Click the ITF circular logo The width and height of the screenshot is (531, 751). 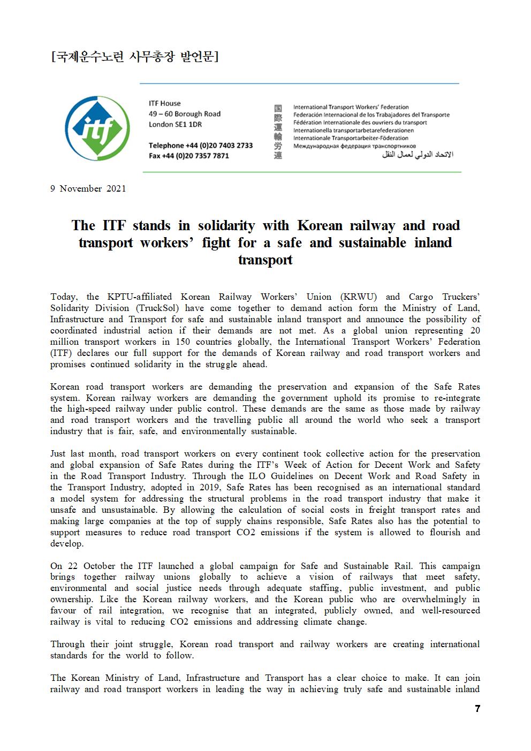(x=97, y=128)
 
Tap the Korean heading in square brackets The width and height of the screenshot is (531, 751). (x=134, y=56)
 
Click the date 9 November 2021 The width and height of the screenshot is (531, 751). (x=88, y=188)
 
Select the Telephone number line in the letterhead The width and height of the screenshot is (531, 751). (x=201, y=146)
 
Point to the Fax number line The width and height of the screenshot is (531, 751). (x=189, y=156)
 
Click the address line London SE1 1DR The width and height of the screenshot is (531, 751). (x=176, y=124)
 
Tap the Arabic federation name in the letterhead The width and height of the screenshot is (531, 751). (x=418, y=155)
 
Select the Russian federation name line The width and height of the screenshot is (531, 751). (x=354, y=146)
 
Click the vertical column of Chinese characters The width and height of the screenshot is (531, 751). (x=278, y=132)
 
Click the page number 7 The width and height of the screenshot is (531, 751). (x=477, y=709)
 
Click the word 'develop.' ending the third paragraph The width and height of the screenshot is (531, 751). (x=67, y=544)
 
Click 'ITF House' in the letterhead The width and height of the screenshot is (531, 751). (x=165, y=103)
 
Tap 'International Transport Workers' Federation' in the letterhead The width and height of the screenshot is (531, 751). (x=351, y=107)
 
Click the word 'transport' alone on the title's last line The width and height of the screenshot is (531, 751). (x=265, y=260)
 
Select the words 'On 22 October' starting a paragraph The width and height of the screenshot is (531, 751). (x=83, y=566)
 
